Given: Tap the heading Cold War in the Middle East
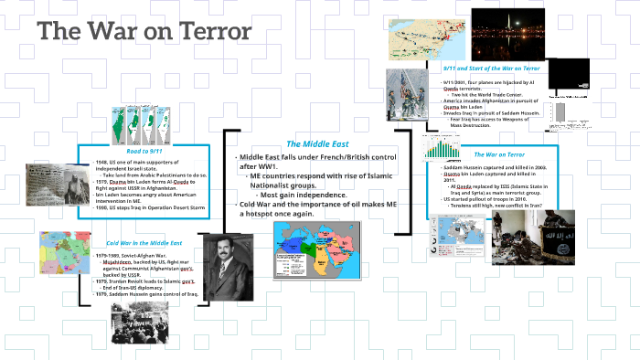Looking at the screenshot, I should (144, 243).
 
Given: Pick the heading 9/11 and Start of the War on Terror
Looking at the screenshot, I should (492, 69).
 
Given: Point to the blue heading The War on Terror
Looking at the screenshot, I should (499, 154).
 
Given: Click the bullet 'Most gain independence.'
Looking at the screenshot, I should (303, 195).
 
